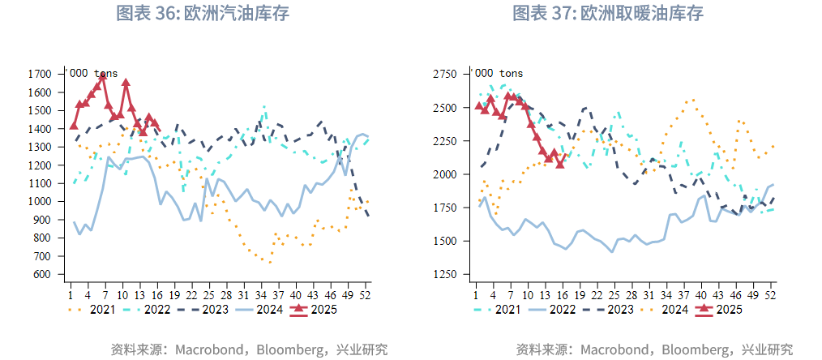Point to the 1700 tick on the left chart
40,74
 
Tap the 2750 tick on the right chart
445,75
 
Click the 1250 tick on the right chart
445,275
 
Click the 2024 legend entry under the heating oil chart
673,309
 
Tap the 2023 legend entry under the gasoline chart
213,309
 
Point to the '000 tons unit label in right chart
499,74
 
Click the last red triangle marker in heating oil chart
560,164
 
